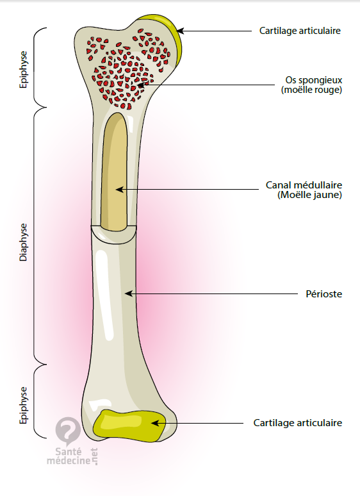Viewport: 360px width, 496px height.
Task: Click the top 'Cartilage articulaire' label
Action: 300,31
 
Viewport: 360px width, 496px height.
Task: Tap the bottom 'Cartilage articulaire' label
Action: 298,423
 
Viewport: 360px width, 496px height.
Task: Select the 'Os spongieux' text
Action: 314,80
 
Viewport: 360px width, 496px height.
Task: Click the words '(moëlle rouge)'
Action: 312,90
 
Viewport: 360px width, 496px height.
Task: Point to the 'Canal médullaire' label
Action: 304,185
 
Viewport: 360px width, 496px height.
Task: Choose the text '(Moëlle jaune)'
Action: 310,195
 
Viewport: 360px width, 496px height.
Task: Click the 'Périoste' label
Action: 324,294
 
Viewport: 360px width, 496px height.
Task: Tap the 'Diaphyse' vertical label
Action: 24,242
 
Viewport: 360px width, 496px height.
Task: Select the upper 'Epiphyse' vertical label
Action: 24,70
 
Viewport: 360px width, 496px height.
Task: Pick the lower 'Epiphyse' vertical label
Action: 24,405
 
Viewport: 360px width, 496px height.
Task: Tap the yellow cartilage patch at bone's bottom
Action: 129,426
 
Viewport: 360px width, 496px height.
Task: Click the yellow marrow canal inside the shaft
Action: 115,172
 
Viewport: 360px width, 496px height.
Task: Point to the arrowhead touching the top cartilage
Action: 180,31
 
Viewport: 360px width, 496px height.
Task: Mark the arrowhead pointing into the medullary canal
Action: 120,190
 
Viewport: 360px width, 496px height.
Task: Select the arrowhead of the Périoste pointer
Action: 129,294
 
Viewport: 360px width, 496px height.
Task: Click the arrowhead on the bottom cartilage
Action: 155,423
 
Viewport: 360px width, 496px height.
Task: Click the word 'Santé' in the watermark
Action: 69,451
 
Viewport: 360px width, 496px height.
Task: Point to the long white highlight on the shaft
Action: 105,294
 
